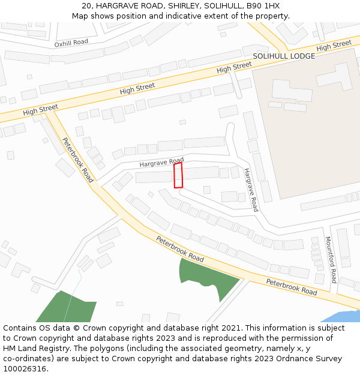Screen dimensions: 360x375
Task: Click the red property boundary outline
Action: (178, 175)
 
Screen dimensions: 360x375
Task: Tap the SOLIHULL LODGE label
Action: (283, 56)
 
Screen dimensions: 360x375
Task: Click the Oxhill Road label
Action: (71, 43)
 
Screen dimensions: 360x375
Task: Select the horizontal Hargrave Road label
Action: (161, 163)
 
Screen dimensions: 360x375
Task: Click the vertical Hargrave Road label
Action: (251, 190)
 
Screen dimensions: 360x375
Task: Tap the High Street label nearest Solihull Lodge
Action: (334, 45)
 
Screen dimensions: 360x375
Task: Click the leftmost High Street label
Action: (41, 110)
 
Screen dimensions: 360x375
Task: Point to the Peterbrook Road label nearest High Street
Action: (77, 160)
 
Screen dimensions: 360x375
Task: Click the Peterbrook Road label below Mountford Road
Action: (292, 287)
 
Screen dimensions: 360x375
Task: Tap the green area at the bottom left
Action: (66, 308)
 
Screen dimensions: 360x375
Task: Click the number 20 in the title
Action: (87, 5)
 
